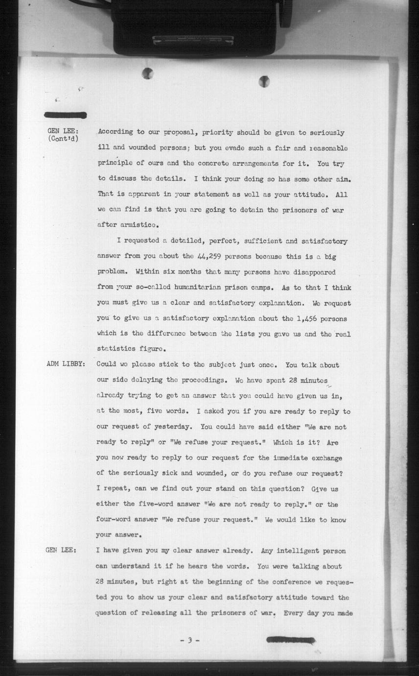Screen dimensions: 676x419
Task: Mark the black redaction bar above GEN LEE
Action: pos(65,116)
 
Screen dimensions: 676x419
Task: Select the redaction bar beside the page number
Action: pos(290,640)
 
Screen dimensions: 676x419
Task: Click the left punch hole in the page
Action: pos(147,73)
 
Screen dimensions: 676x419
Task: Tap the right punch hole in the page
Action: pos(264,81)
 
